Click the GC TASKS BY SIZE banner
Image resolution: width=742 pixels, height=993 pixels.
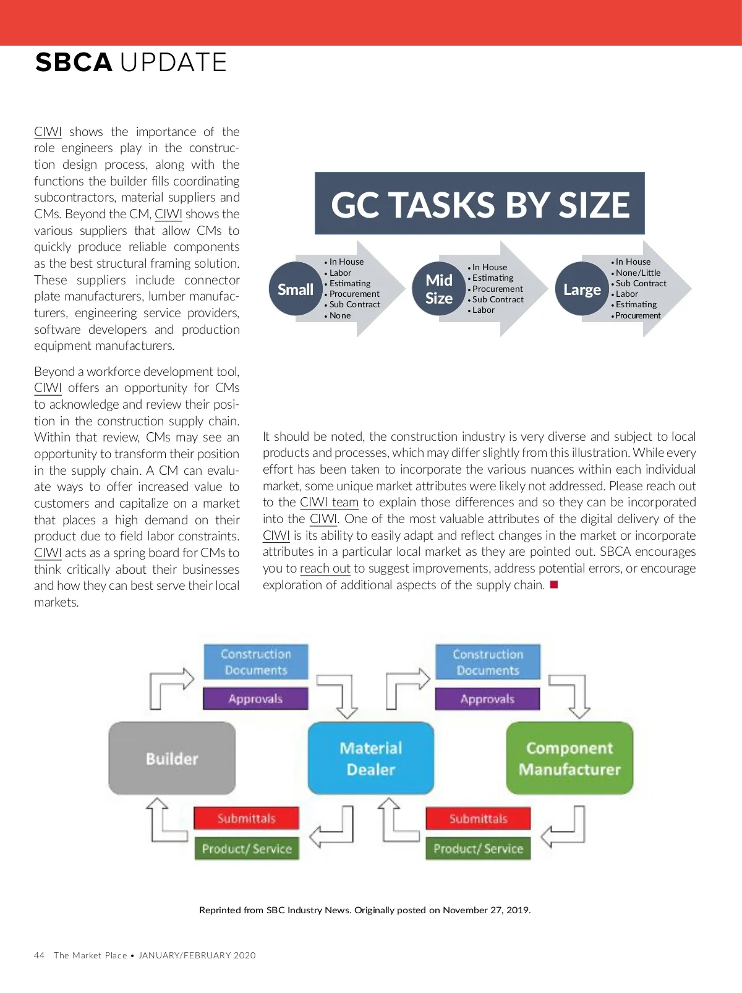(479, 204)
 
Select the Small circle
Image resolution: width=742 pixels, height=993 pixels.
(296, 289)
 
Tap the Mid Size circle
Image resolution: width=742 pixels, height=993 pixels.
(439, 289)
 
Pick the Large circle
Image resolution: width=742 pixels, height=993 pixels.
(582, 289)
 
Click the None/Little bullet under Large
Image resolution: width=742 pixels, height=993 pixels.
(638, 273)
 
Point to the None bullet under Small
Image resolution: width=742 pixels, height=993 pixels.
(339, 315)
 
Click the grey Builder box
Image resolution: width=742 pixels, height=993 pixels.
(172, 758)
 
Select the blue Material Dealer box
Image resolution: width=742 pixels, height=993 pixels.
(371, 758)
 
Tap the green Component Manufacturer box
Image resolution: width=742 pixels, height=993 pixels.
(569, 758)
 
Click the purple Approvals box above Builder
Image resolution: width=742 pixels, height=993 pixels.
(255, 699)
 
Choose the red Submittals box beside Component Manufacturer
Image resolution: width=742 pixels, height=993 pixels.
(478, 819)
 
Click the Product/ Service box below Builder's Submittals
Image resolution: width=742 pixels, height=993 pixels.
(247, 848)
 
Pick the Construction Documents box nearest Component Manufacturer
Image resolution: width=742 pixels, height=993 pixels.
(488, 662)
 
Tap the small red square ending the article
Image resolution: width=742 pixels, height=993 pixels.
(554, 584)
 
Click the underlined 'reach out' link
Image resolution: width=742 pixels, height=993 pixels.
(325, 568)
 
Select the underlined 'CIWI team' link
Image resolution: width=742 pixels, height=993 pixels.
(329, 502)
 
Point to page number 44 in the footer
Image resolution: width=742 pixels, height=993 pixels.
(40, 955)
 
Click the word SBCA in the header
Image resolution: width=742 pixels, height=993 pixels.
(74, 62)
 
